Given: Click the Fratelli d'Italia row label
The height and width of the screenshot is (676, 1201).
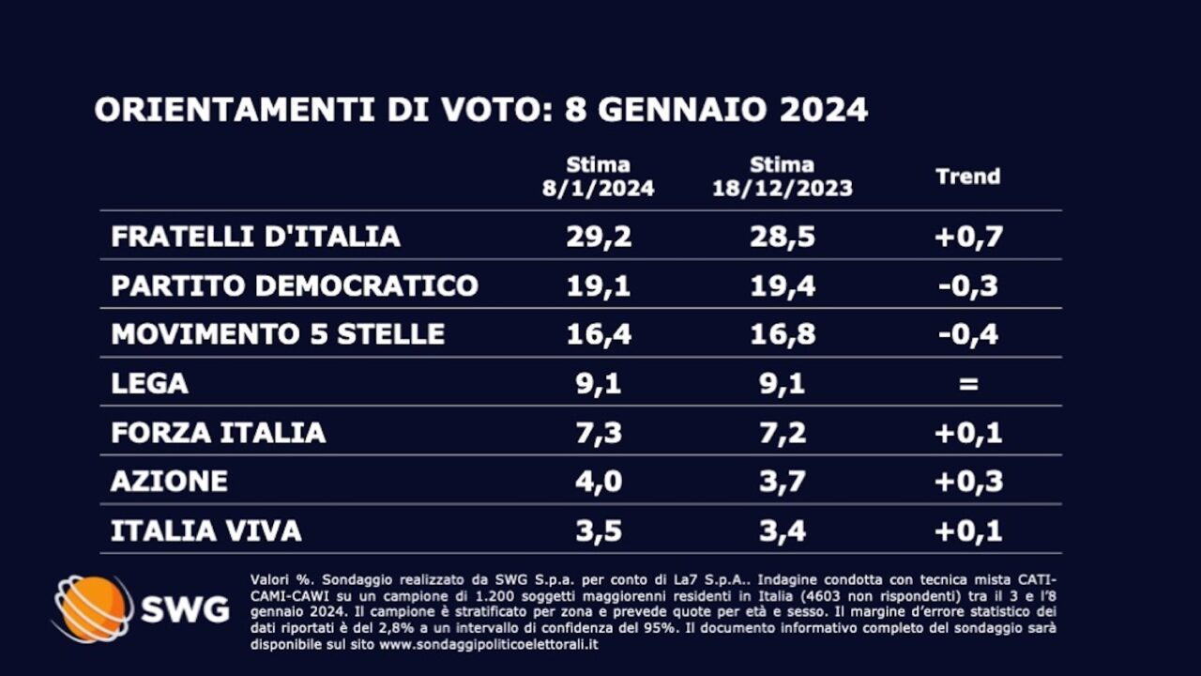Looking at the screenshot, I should [255, 237].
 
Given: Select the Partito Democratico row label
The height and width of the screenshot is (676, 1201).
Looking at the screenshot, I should [295, 285].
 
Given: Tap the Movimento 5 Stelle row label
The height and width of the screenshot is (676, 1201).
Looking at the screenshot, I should [278, 334].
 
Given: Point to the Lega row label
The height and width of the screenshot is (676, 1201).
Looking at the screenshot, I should [150, 383].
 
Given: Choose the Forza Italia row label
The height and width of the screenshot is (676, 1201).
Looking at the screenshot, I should [219, 433].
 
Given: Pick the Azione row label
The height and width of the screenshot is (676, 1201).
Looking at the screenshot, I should [169, 482].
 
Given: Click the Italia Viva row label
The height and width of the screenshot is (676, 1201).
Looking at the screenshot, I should [206, 530].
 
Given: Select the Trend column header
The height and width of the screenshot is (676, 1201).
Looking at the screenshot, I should [968, 177].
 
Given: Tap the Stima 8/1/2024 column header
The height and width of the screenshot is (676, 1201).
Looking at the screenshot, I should [599, 177].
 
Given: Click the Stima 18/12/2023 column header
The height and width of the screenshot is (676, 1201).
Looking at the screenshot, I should [783, 177].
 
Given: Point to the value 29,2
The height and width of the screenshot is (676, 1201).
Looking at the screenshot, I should [599, 237].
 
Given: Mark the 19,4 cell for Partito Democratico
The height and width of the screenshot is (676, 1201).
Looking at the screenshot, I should [783, 285].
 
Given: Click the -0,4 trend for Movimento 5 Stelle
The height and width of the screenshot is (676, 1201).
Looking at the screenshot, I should [968, 334].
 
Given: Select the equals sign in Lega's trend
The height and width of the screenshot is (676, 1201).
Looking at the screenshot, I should [968, 383].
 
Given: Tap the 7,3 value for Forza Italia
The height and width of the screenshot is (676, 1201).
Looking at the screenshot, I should [599, 433].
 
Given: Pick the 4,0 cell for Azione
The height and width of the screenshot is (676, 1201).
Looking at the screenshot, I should [599, 482].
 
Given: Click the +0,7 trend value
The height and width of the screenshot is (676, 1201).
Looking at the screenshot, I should [968, 237].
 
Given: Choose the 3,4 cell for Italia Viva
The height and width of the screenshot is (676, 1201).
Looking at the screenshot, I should [783, 530].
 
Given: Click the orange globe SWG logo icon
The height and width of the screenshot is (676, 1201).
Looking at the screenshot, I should [92, 608].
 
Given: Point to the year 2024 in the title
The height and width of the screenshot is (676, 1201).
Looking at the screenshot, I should [824, 110].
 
